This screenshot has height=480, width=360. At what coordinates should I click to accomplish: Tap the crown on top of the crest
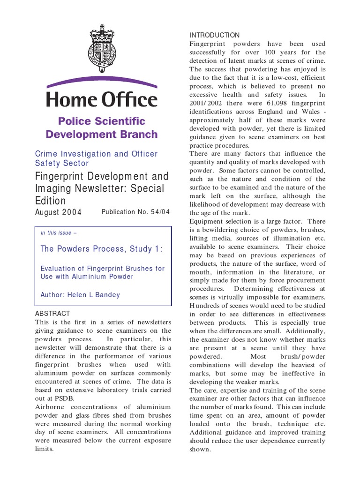(x=101, y=33)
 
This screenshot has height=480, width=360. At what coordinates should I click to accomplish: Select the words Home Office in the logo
(x=101, y=100)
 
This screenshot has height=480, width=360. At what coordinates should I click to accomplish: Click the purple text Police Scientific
(x=102, y=121)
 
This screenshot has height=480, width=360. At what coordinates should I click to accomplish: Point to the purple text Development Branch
(x=102, y=135)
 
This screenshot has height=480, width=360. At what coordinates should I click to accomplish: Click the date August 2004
(x=59, y=212)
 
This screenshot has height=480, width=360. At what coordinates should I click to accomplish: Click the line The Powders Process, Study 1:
(x=101, y=249)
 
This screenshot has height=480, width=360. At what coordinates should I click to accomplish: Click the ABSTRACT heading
(x=52, y=313)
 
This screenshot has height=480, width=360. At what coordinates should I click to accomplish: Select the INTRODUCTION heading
(x=214, y=35)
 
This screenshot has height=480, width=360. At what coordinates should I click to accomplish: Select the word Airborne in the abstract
(x=51, y=406)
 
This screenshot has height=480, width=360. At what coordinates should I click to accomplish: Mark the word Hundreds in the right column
(x=207, y=306)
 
